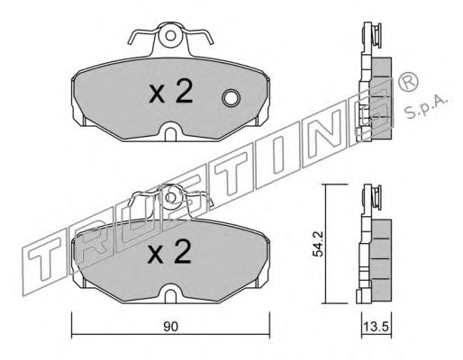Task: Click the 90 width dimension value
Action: (x=171, y=327)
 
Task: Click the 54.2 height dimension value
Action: (x=317, y=244)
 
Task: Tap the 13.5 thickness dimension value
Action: (x=377, y=327)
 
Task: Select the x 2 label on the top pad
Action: (x=171, y=93)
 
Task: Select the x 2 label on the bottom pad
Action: (x=170, y=252)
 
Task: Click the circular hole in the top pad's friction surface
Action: (x=231, y=98)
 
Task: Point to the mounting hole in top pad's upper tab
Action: (x=170, y=36)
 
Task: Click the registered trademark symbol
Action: (x=408, y=82)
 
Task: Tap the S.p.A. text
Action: (x=426, y=107)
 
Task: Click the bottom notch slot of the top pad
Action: (x=170, y=134)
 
